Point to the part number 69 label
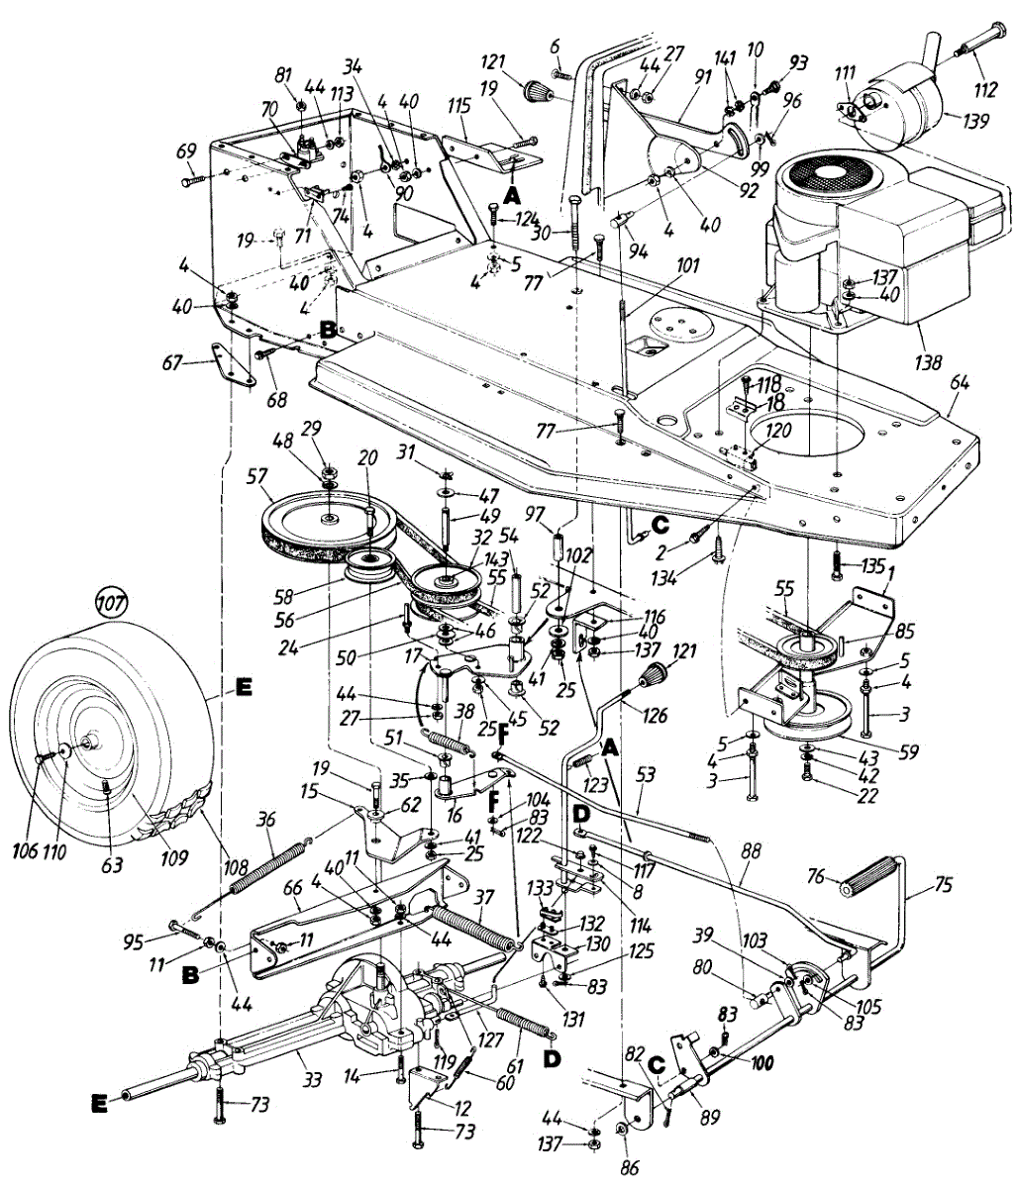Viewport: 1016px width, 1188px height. click(185, 151)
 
